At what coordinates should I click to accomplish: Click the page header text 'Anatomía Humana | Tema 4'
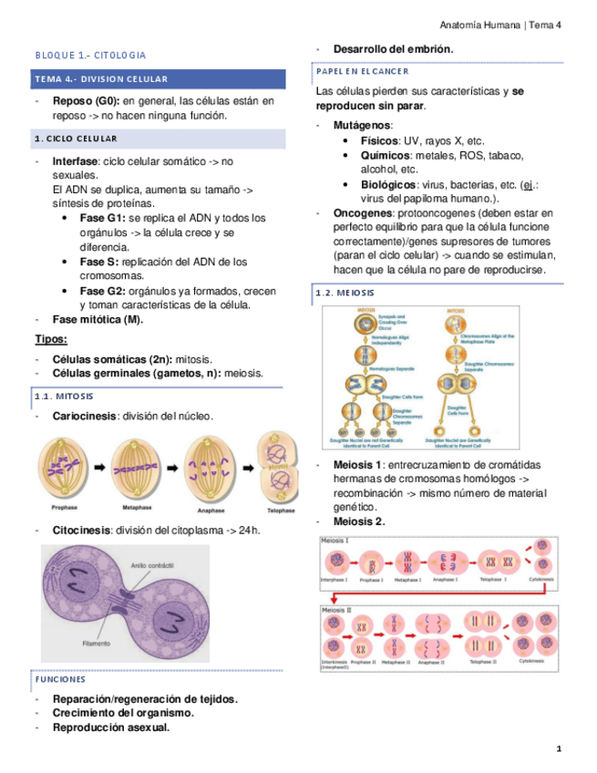(500, 25)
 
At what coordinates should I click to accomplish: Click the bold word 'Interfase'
(76, 161)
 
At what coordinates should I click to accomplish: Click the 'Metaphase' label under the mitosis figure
(137, 510)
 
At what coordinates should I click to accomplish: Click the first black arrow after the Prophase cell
(98, 467)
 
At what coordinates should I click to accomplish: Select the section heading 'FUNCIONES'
(60, 679)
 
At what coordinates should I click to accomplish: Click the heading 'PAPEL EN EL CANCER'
(362, 70)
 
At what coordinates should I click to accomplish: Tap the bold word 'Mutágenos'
(363, 125)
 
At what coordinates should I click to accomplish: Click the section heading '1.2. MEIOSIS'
(344, 293)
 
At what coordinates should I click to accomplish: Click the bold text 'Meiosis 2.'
(359, 521)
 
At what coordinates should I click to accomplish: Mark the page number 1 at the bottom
(559, 749)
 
